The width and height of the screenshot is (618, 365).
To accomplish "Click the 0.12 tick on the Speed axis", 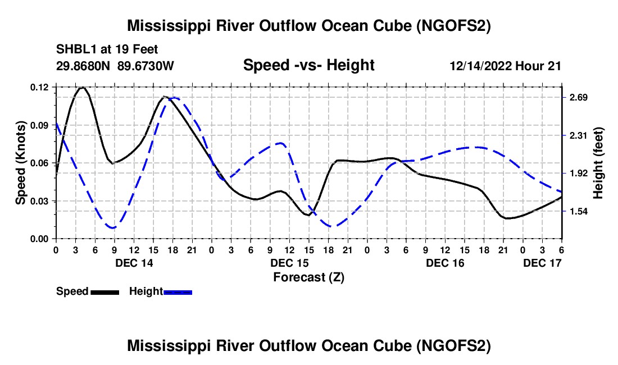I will (41, 88).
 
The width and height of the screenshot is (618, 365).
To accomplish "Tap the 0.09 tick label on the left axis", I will (41, 125).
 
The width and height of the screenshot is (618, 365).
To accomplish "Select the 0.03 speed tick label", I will (41, 201).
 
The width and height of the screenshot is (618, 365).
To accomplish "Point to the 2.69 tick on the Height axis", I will (576, 98).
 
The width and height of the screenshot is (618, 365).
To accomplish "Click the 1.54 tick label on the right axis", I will (576, 211).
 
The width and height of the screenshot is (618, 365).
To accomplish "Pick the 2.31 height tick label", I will (576, 135).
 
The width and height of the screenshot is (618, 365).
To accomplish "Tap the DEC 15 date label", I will (289, 263).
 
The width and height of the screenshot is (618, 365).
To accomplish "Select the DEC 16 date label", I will (445, 263).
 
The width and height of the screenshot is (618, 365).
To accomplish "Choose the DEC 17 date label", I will (542, 263).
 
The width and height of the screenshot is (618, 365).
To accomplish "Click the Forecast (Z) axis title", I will (308, 277).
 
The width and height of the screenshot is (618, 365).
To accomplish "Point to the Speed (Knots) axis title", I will (20, 163).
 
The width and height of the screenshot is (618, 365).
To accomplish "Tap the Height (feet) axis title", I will (598, 163).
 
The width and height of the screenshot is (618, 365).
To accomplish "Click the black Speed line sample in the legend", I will (104, 292).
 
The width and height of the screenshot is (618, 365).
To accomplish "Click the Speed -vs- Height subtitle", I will (308, 65).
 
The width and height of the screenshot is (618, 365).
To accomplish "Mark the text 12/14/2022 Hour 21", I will (505, 66).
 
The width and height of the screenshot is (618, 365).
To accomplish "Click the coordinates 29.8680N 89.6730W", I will (115, 66).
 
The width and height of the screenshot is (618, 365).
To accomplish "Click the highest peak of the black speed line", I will (83, 88).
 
